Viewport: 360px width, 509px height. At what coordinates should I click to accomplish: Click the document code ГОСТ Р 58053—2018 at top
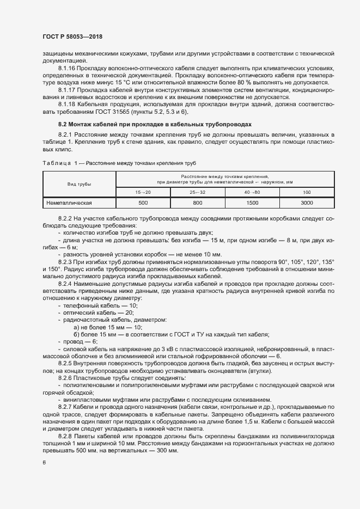[72, 36]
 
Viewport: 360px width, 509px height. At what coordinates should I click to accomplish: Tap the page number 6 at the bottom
[44, 463]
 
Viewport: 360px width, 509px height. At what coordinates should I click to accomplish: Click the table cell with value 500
[143, 203]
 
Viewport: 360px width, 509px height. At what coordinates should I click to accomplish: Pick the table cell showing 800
[198, 203]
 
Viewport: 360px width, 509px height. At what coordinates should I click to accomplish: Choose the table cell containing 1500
[252, 203]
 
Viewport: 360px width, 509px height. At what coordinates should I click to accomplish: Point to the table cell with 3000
[307, 203]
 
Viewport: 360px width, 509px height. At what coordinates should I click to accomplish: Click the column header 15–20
[143, 192]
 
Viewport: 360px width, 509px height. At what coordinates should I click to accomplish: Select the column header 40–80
[252, 192]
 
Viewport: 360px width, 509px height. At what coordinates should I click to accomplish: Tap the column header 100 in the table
[307, 192]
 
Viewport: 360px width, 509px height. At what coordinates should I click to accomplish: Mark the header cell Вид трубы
[79, 185]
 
